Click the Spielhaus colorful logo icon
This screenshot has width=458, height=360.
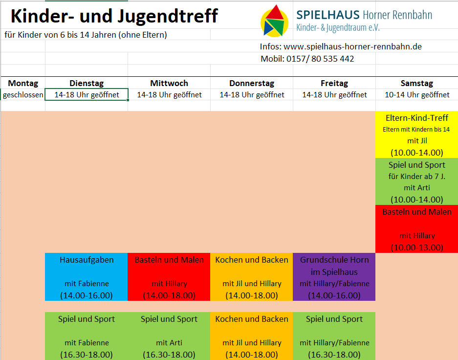pyautogui.click(x=274, y=21)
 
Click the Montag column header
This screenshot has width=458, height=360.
pyautogui.click(x=23, y=83)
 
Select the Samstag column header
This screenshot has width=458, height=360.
pyautogui.click(x=417, y=83)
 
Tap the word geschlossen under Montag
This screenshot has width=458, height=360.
pyautogui.click(x=23, y=95)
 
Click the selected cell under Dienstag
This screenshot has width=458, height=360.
pyautogui.click(x=87, y=95)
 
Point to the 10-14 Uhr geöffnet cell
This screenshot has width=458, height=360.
pyautogui.click(x=417, y=95)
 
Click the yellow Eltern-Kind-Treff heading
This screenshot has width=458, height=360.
pyautogui.click(x=417, y=118)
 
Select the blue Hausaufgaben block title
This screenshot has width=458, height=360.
pyautogui.click(x=87, y=260)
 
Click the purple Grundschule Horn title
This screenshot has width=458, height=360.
pyautogui.click(x=334, y=260)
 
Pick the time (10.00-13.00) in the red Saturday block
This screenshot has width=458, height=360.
pyautogui.click(x=417, y=247)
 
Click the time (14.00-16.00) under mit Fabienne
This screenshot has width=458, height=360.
pyautogui.click(x=87, y=295)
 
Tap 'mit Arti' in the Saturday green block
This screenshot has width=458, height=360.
pyautogui.click(x=417, y=187)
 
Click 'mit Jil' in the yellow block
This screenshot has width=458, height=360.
pyautogui.click(x=417, y=141)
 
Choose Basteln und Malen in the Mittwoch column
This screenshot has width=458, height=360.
pyautogui.click(x=169, y=260)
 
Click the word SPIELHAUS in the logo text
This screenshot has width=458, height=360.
pyautogui.click(x=327, y=15)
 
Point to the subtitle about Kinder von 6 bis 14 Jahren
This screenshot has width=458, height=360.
pyautogui.click(x=86, y=35)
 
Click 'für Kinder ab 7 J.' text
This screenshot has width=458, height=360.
pyautogui.click(x=417, y=176)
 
